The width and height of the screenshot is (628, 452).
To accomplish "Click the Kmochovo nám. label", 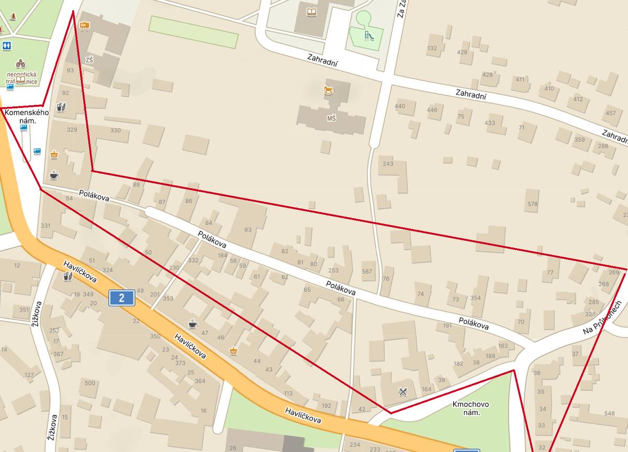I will click(x=466, y=408).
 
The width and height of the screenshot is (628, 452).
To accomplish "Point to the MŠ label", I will click(x=331, y=118).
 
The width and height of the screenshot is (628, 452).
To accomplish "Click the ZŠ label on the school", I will click(x=89, y=60).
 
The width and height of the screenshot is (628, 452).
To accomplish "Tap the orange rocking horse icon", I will click(x=328, y=91).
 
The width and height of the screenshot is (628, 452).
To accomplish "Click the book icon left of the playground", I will click(x=312, y=12).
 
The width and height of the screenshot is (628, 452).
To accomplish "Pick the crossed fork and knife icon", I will click(x=402, y=391).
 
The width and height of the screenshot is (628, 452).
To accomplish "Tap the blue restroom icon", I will click(x=6, y=46).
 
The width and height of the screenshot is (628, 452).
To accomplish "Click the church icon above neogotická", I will click(x=20, y=63).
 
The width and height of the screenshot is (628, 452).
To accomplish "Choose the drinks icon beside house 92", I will click(x=61, y=107).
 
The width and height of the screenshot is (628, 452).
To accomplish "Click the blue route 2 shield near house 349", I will click(x=121, y=298).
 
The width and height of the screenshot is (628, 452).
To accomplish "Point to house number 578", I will click(x=532, y=204).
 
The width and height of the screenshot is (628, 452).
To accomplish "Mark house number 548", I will click(x=609, y=413).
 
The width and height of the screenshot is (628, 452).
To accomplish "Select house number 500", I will click(x=90, y=383).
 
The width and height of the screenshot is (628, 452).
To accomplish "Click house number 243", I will click(x=388, y=163).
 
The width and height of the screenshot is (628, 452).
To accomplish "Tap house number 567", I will click(x=367, y=271).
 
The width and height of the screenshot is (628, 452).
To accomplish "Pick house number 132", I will click(x=432, y=48).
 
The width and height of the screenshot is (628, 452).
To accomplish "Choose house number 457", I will click(x=611, y=113).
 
